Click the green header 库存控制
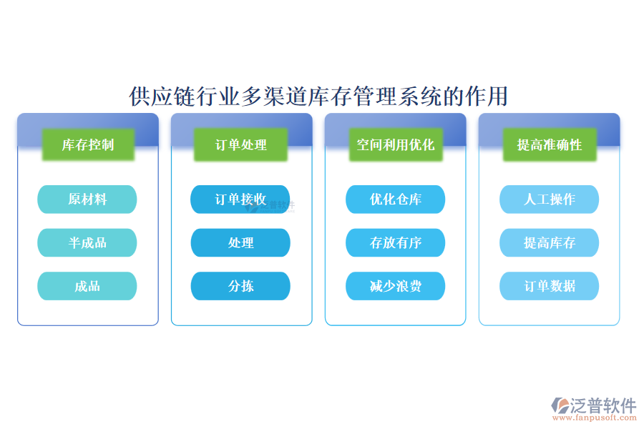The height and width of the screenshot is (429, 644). coord(87,145)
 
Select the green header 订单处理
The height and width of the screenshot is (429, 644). coord(241,145)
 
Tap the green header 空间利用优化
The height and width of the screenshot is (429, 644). coord(396,145)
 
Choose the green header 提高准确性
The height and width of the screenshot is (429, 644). coord(550,145)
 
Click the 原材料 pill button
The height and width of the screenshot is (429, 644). coord(87,199)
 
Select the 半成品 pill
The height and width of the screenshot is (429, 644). coord(87,243)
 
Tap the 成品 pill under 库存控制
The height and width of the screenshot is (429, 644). coord(87,286)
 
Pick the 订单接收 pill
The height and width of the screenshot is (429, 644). coord(240,199)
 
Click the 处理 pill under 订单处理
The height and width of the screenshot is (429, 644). coord(240,243)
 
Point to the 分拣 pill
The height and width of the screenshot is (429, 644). coord(240,286)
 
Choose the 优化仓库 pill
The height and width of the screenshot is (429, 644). coord(395,199)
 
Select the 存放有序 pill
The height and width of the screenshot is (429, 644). coord(395,243)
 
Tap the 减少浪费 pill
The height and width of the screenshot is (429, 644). coord(395,286)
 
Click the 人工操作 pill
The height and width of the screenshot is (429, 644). coord(549,199)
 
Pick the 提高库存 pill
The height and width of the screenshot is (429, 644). coord(549,243)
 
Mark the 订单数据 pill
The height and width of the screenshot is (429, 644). coord(549,286)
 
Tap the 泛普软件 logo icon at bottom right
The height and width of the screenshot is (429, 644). coord(560,405)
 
